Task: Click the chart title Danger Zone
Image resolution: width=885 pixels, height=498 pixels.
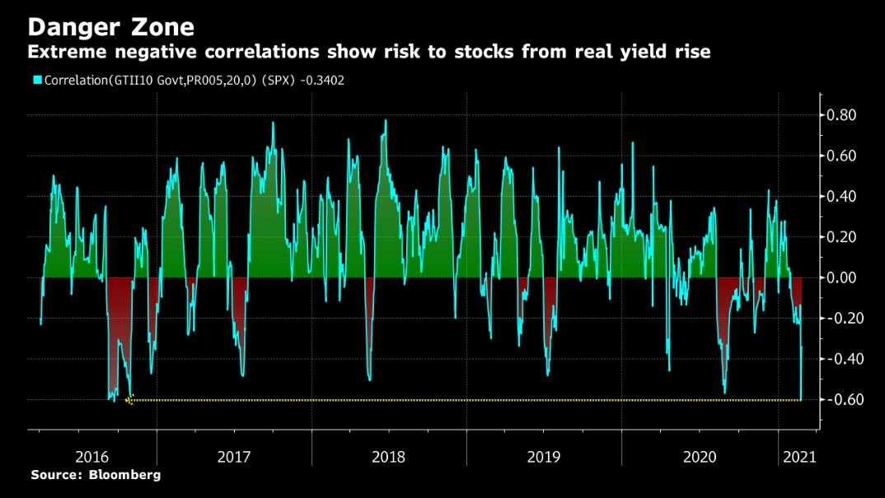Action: [111, 27]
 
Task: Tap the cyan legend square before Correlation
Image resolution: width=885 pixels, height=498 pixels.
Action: [36, 80]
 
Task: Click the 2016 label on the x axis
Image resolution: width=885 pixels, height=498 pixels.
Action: [92, 455]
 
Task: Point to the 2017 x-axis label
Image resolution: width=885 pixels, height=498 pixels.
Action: [235, 455]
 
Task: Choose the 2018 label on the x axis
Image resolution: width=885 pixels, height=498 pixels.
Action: [389, 455]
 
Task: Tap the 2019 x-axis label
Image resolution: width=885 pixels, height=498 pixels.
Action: [544, 455]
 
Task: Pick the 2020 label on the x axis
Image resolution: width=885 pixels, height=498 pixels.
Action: [699, 455]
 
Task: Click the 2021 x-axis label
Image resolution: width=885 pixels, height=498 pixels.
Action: [798, 455]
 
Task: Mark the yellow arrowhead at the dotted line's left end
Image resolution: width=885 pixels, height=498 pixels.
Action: [129, 400]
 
